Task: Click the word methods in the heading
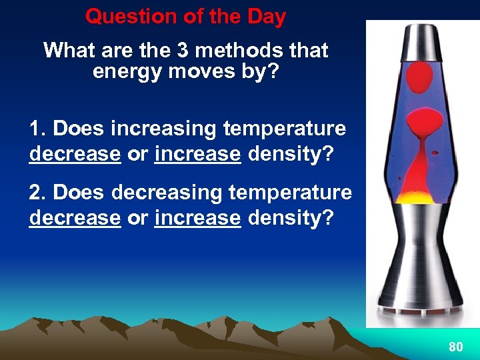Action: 223,51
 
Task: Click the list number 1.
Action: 36,128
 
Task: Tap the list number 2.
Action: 36,193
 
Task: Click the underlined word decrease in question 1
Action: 75,154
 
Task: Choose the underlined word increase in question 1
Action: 197,154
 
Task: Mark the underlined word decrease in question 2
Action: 75,218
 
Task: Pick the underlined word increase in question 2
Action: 197,218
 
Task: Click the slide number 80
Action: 456,347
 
